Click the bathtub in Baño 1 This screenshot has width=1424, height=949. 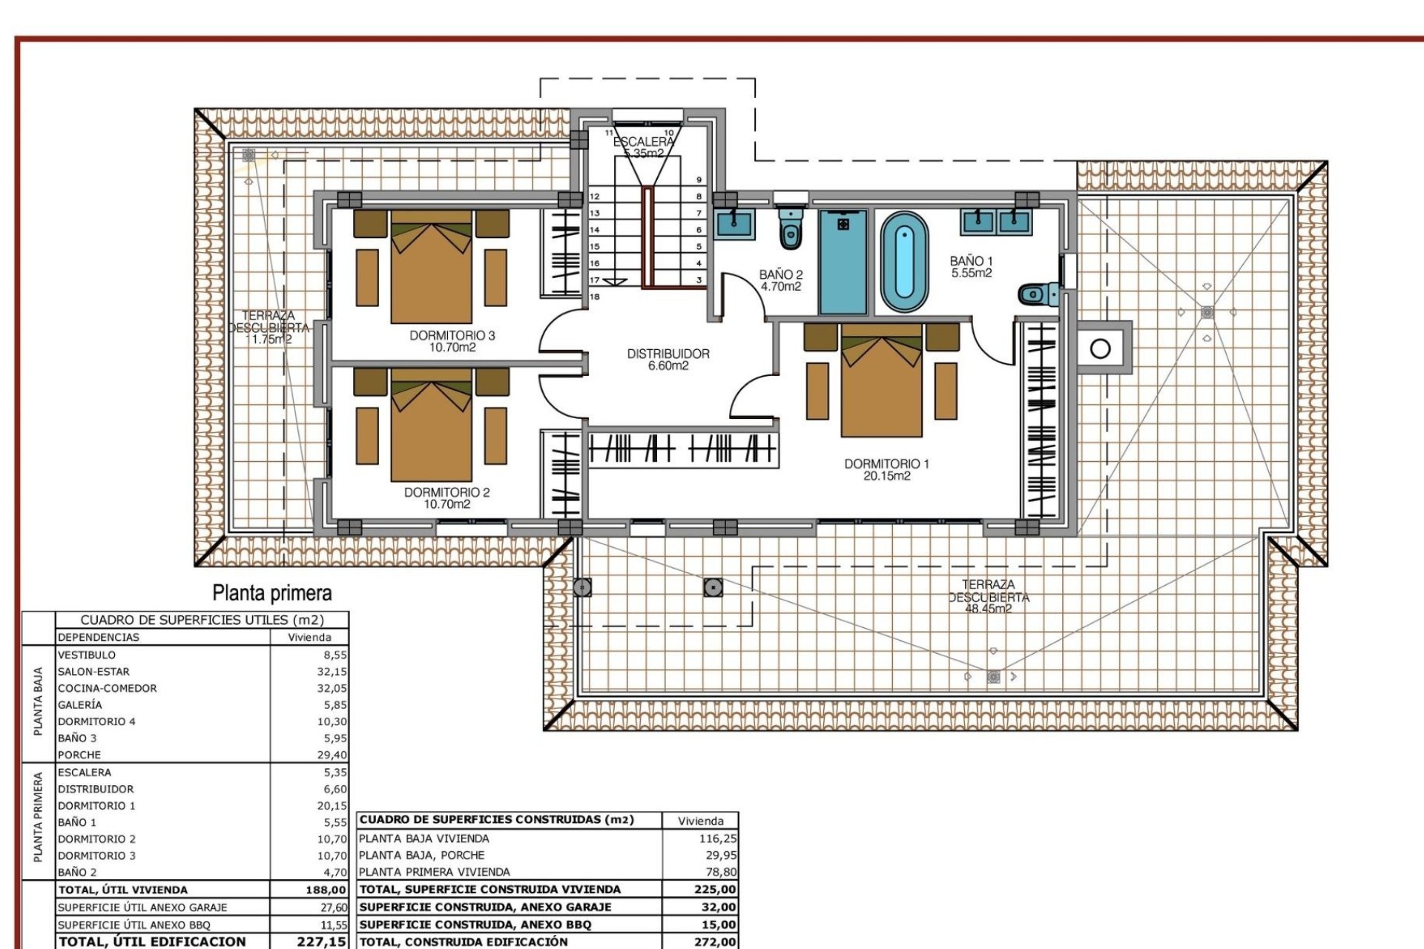pyautogui.click(x=904, y=262)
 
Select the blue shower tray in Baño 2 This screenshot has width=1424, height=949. pyautogui.click(x=843, y=262)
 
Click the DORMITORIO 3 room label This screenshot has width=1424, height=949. pyautogui.click(x=452, y=341)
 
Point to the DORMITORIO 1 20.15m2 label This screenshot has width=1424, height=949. pyautogui.click(x=886, y=469)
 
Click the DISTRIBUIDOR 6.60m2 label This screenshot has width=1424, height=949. pyautogui.click(x=668, y=360)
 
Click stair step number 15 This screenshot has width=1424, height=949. pyautogui.click(x=594, y=246)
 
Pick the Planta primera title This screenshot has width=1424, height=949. pyautogui.click(x=271, y=593)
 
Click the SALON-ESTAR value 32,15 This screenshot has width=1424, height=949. pyautogui.click(x=332, y=672)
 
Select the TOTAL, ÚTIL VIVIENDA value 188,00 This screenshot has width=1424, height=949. pyautogui.click(x=326, y=890)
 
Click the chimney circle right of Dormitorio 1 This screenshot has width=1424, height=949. pyautogui.click(x=1101, y=348)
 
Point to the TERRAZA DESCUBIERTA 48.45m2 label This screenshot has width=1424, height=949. pyautogui.click(x=988, y=597)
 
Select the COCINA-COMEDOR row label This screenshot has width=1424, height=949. pyautogui.click(x=108, y=688)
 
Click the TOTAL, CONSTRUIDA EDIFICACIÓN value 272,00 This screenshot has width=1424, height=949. pyautogui.click(x=714, y=942)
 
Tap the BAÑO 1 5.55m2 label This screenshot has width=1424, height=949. pyautogui.click(x=971, y=267)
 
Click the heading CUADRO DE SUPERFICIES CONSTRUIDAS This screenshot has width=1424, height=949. pyautogui.click(x=496, y=820)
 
